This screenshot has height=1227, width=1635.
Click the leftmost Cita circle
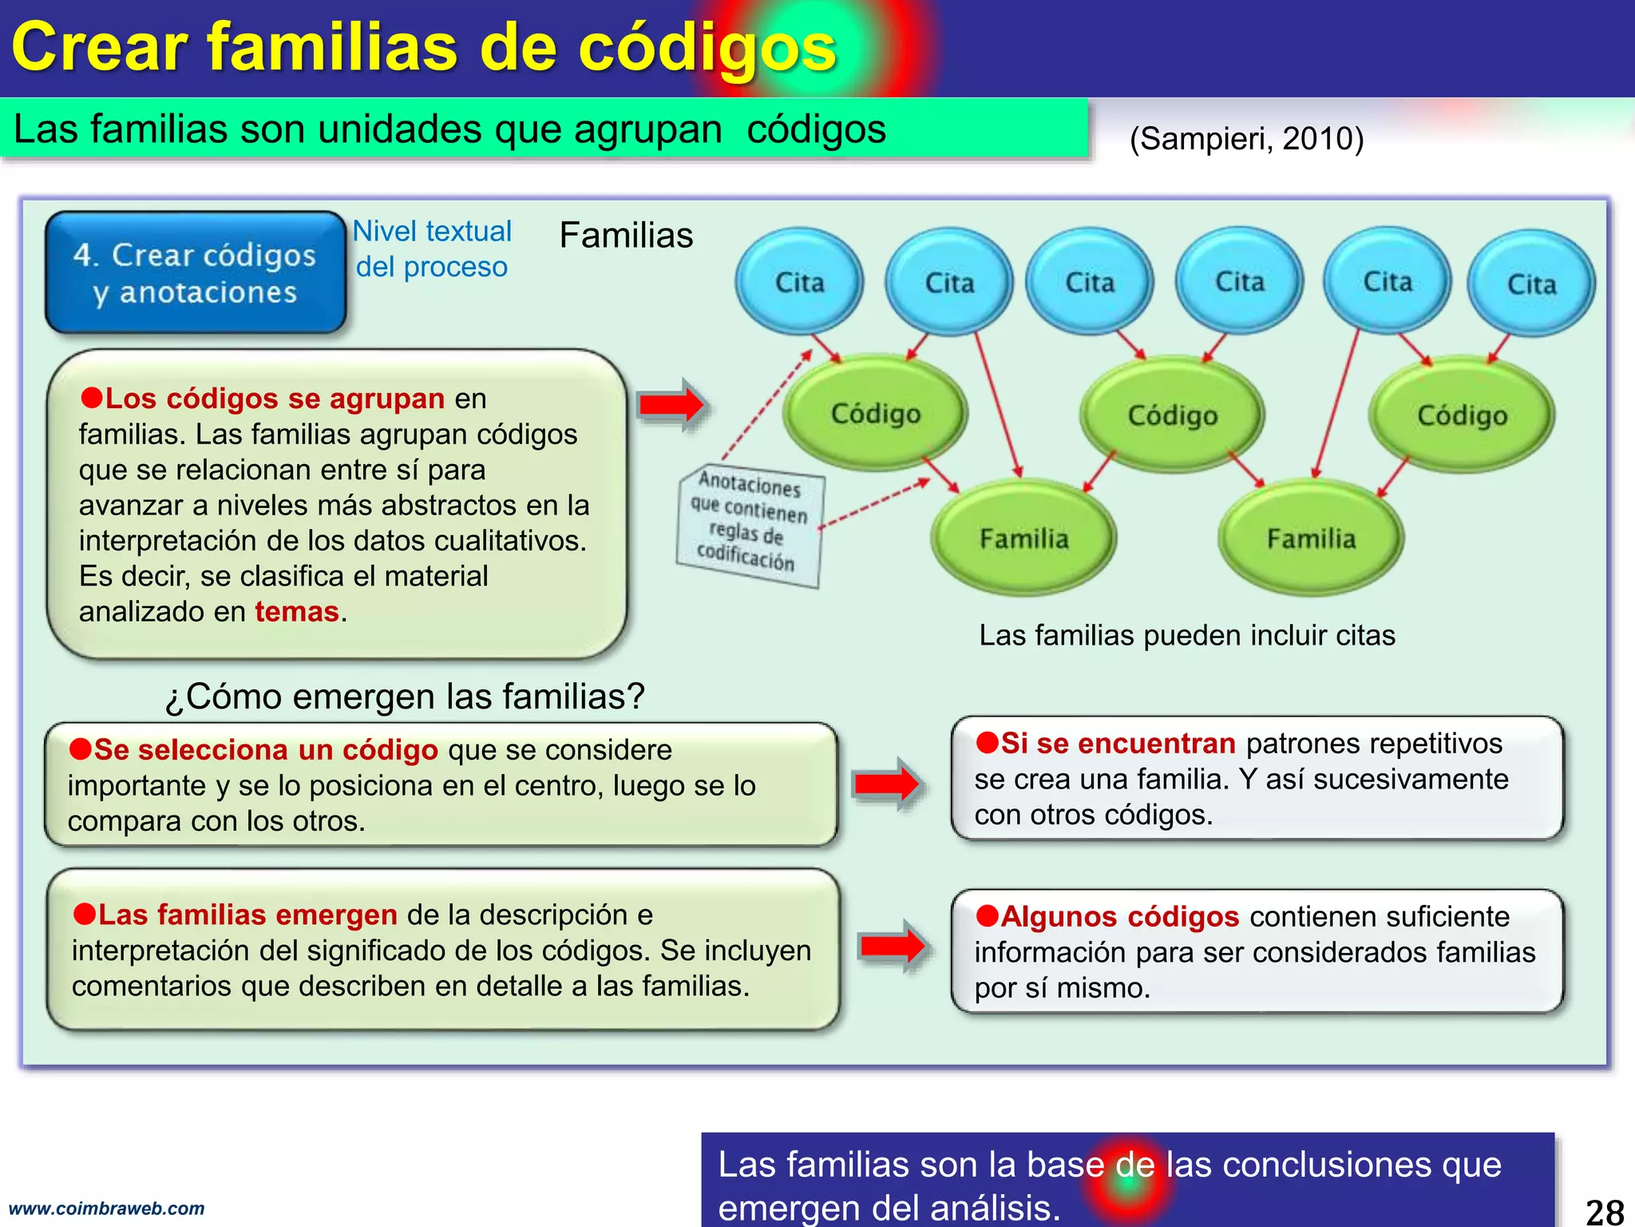[x=799, y=282]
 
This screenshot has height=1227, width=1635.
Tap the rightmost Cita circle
[x=1531, y=284]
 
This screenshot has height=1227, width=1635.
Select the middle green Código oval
[x=1172, y=415]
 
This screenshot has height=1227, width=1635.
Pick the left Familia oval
[x=1023, y=538]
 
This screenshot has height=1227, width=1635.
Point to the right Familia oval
[x=1311, y=538]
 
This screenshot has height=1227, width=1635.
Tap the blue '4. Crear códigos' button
[x=196, y=273]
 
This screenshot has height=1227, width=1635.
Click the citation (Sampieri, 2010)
[x=1246, y=139]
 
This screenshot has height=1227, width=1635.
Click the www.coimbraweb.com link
[x=106, y=1209]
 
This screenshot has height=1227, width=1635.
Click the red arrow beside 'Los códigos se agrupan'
[x=671, y=405]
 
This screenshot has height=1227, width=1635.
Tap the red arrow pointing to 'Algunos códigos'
[x=893, y=947]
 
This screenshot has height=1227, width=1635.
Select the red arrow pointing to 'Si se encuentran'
[x=887, y=784]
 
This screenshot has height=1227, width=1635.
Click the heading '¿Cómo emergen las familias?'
[x=405, y=697]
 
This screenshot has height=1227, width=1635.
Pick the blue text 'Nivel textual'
[x=432, y=232]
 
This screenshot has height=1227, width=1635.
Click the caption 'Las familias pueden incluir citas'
[x=1187, y=636]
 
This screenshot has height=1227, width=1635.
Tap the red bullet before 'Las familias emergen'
[x=84, y=914]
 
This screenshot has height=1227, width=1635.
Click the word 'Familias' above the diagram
[x=626, y=236]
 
